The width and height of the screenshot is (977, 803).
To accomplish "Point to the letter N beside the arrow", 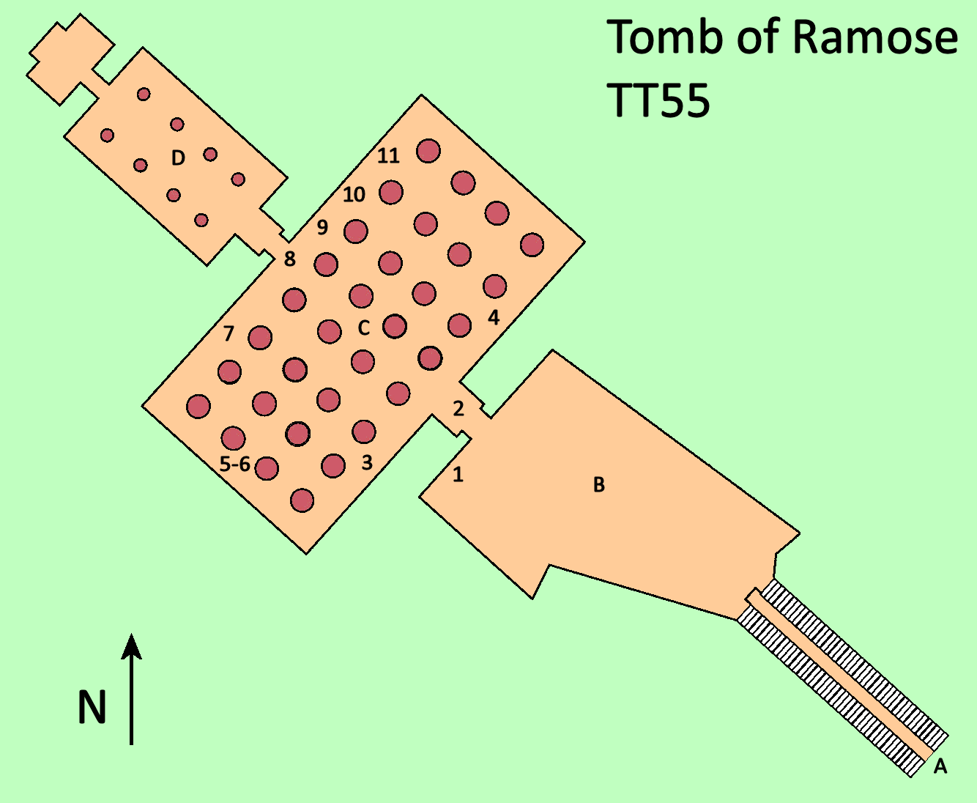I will [x=92, y=708].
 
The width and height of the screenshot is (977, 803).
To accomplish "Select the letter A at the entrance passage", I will [x=940, y=766].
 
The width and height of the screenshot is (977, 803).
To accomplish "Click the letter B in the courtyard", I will [x=598, y=485].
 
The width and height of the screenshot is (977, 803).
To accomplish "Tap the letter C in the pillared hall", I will [x=364, y=328].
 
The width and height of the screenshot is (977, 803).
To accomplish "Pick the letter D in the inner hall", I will [x=178, y=158].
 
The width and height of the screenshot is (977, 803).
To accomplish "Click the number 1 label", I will [x=458, y=475].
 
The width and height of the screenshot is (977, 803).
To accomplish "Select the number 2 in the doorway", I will [x=458, y=409].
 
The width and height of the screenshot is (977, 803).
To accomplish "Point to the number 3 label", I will [x=367, y=462].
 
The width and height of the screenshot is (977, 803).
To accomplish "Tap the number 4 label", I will [x=494, y=317].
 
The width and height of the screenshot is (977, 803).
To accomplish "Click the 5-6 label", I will [x=235, y=464].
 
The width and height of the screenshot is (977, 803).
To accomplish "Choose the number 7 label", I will [x=229, y=333].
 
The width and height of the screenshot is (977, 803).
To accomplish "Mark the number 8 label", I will [x=290, y=259].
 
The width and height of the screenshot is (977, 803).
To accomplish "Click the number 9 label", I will [x=322, y=227].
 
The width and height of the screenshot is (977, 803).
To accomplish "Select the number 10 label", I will [x=354, y=195].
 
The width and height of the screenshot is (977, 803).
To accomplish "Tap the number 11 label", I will [x=388, y=155].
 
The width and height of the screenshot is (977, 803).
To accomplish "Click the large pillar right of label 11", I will [x=428, y=151].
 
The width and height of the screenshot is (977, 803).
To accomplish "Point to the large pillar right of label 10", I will [x=391, y=193].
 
